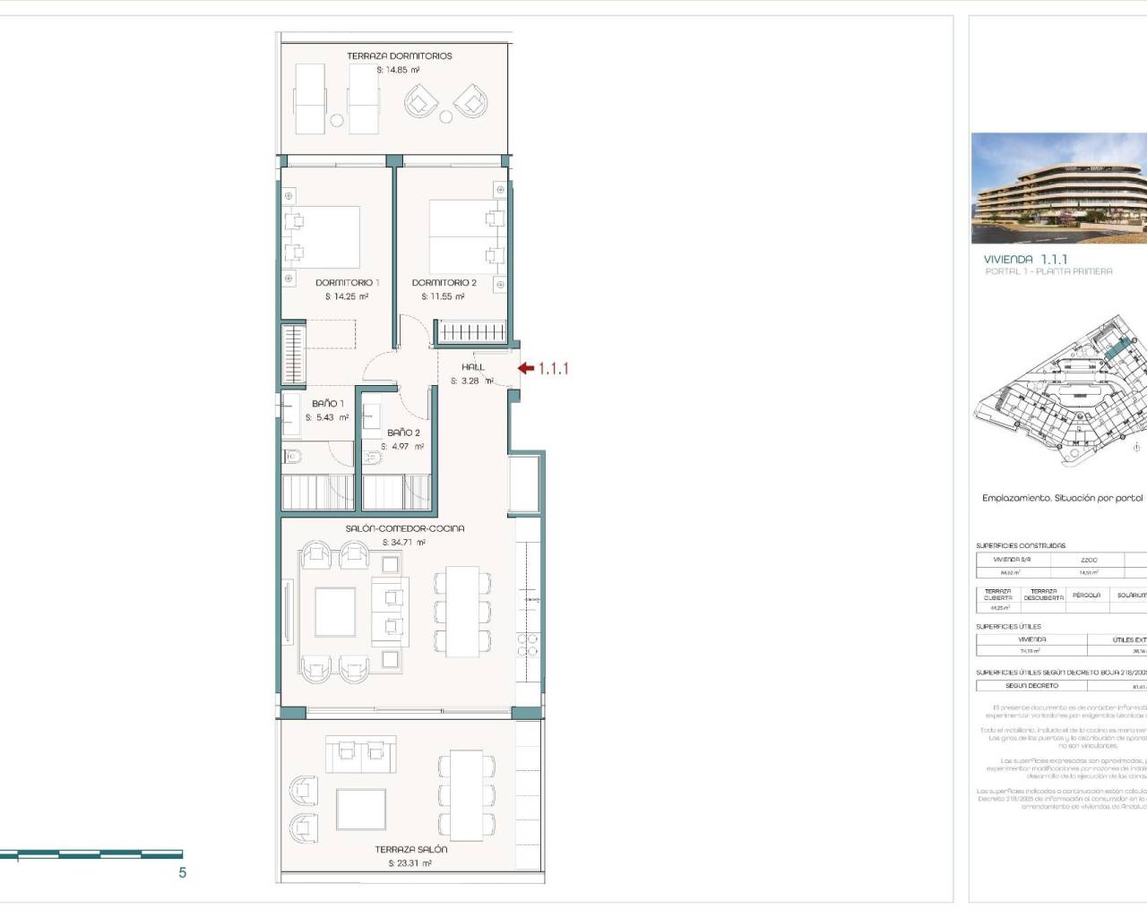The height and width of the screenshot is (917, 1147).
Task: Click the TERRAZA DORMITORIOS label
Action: click(400, 56)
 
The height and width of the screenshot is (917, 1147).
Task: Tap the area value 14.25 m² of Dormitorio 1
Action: click(347, 296)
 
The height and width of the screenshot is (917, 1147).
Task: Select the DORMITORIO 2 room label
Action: click(444, 282)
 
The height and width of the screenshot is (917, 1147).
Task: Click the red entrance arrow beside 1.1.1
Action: click(526, 368)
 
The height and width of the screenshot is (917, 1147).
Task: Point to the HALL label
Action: click(473, 366)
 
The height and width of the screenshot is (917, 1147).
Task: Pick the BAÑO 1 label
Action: click(327, 404)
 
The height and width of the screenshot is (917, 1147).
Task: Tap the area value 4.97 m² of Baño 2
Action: click(402, 446)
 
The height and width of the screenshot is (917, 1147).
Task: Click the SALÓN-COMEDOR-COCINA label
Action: click(405, 528)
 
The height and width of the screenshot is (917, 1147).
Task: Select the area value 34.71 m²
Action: click(404, 543)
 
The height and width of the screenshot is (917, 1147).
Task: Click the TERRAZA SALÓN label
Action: click(410, 849)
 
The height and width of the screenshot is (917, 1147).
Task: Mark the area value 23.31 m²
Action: click(410, 863)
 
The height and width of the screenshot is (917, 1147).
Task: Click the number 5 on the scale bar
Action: click(183, 873)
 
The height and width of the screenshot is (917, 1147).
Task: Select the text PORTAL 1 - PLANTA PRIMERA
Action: click(1048, 271)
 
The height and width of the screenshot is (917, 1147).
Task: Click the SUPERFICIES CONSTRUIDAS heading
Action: click(1021, 545)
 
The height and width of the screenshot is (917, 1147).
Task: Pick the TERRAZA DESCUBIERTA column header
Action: click(1043, 595)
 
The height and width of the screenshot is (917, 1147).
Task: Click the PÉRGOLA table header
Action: click(1086, 595)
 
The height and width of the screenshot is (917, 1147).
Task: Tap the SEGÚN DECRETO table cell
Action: click(1031, 686)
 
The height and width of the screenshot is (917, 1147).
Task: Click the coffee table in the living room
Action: click(335, 612)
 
